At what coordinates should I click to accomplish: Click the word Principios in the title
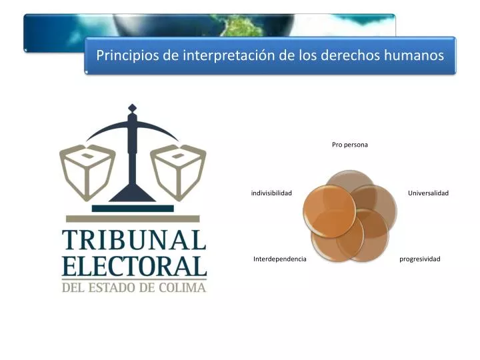125,55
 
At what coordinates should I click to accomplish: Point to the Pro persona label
350,145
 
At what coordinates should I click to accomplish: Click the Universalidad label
428,193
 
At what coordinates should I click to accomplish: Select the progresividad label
420,259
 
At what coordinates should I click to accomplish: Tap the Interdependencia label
279,259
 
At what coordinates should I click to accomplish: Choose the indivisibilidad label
271,193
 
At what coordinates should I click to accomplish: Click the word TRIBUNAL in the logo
134,240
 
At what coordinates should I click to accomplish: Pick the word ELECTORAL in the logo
134,267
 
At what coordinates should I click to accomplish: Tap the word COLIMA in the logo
183,288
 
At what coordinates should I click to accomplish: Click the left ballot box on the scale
87,169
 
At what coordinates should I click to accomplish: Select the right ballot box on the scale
178,169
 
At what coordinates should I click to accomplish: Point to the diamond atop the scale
132,108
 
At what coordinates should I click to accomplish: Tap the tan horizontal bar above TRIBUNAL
133,219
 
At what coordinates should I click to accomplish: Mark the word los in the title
288,55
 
